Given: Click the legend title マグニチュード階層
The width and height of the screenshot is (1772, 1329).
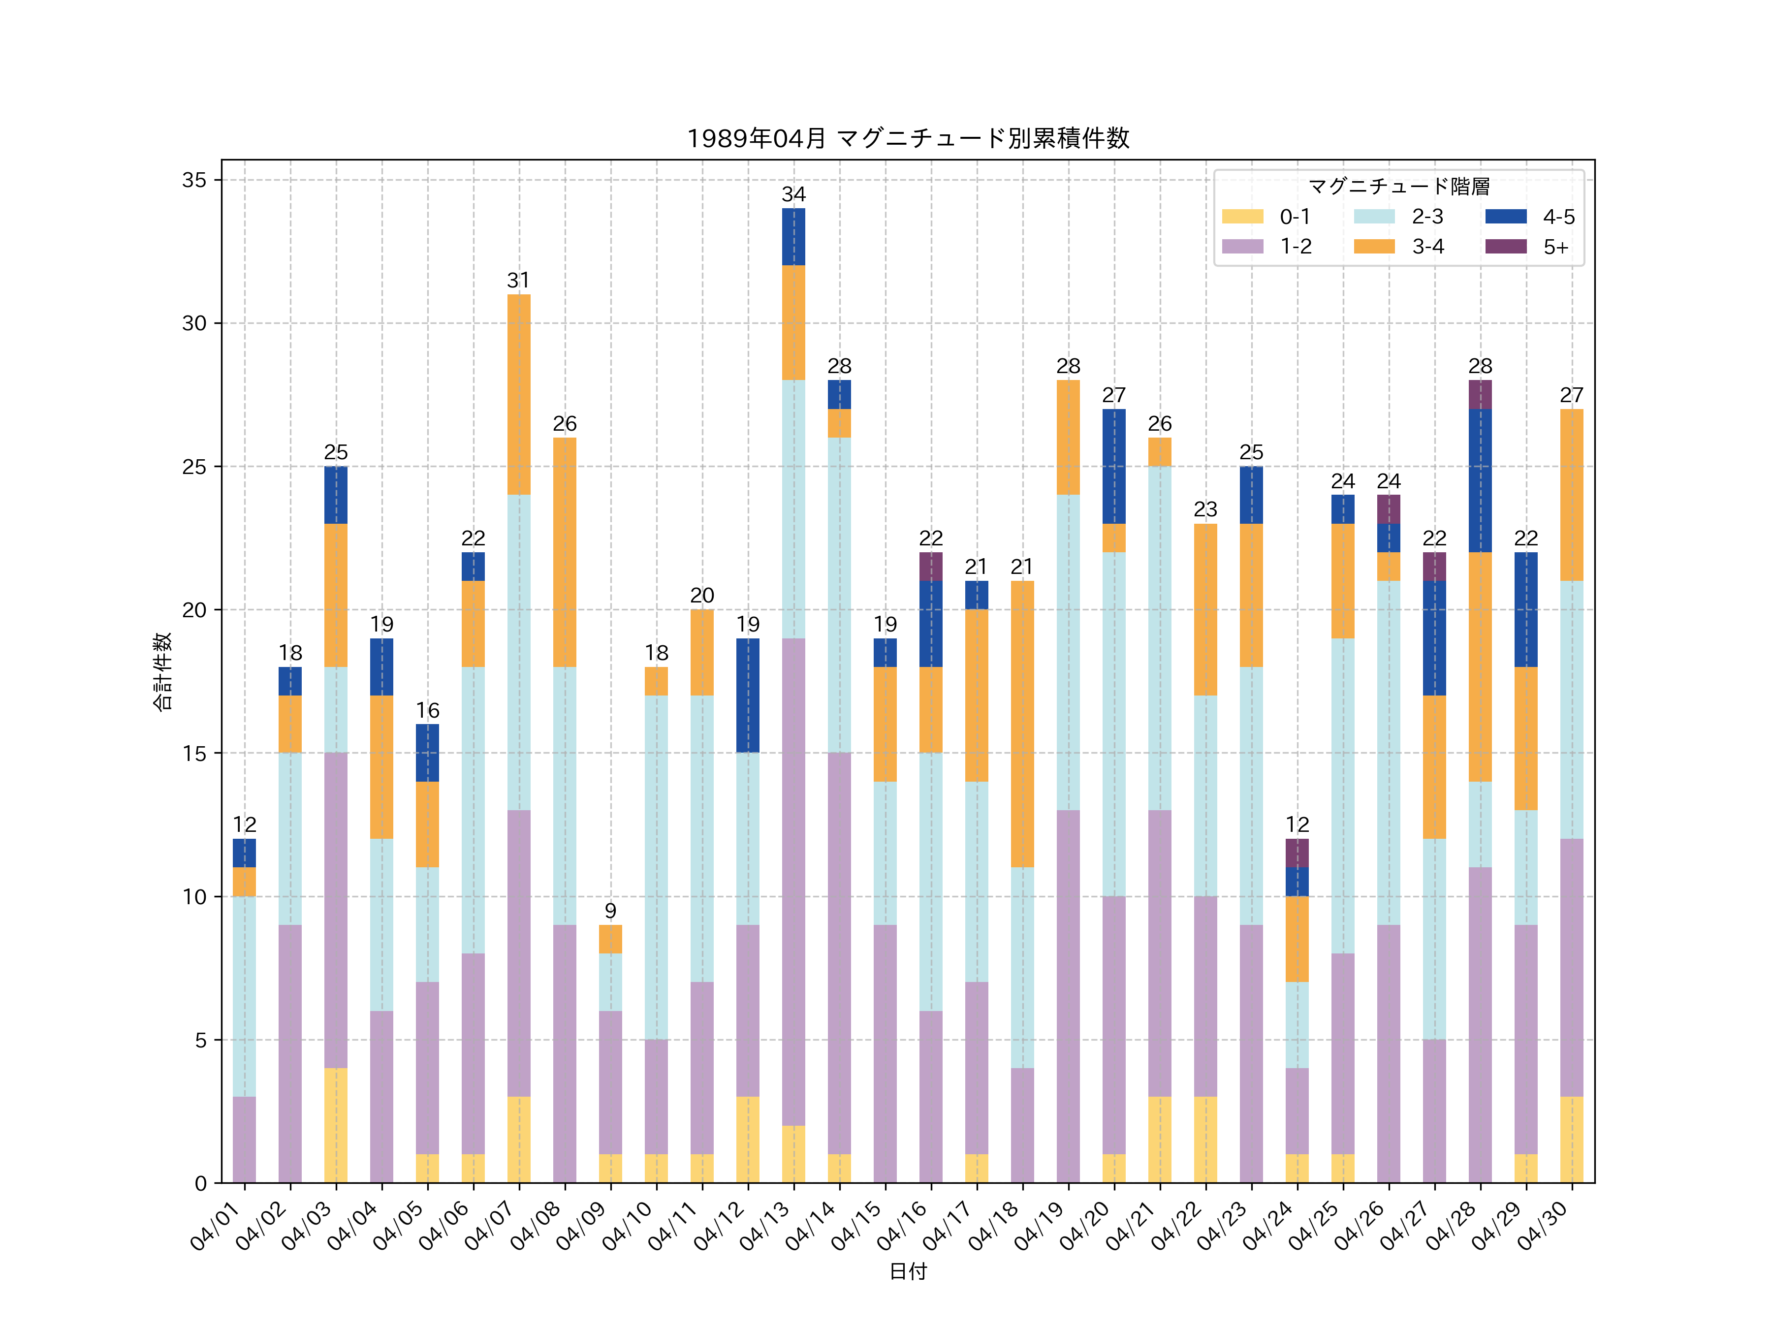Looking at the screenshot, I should click(1399, 187).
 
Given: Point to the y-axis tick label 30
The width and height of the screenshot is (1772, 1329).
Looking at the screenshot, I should click(194, 324).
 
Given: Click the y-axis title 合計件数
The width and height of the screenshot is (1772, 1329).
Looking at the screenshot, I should click(162, 671).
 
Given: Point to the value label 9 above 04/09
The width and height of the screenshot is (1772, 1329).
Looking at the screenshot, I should click(610, 911).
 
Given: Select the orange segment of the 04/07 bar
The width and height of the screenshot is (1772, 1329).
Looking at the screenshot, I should click(519, 394).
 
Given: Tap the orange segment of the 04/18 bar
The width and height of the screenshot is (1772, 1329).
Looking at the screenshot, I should click(1022, 724).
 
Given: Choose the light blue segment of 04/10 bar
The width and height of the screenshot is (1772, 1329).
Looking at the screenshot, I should click(656, 868).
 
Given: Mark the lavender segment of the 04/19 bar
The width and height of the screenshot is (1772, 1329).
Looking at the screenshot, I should click(1068, 997).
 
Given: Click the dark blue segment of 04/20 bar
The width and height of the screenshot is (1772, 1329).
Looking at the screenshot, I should click(1113, 466).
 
